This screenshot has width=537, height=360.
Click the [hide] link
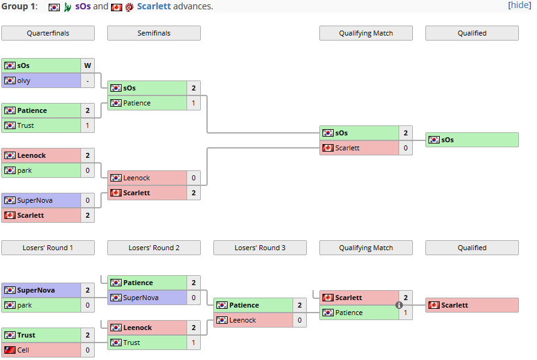pos(520,5)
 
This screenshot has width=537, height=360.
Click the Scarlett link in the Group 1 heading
pos(154,6)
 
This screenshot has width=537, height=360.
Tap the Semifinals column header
pos(154,33)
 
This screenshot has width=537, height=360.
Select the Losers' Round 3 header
pos(260,248)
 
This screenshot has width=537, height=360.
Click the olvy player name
pos(24,81)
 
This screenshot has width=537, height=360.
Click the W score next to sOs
pos(88,66)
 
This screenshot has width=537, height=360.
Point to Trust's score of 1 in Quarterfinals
pos(88,125)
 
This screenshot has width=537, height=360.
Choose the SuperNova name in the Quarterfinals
pos(35,200)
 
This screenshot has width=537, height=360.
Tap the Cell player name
pos(23,350)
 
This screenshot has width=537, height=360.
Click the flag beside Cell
pos(10,350)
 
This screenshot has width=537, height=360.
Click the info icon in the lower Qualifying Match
pos(399,305)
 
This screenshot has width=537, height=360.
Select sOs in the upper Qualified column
pos(448,140)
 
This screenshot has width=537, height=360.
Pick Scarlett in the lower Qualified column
pos(455,305)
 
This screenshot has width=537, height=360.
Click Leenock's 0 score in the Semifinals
pos(193,178)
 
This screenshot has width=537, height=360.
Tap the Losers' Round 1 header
pos(48,248)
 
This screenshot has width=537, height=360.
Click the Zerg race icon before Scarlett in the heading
pos(129,7)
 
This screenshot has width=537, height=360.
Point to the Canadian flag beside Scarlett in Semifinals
pos(116,193)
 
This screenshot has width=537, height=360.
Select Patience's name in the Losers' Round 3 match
pos(244,305)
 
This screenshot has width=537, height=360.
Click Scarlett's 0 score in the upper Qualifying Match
pos(405,148)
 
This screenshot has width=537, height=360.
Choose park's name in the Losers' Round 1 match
pos(24,305)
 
